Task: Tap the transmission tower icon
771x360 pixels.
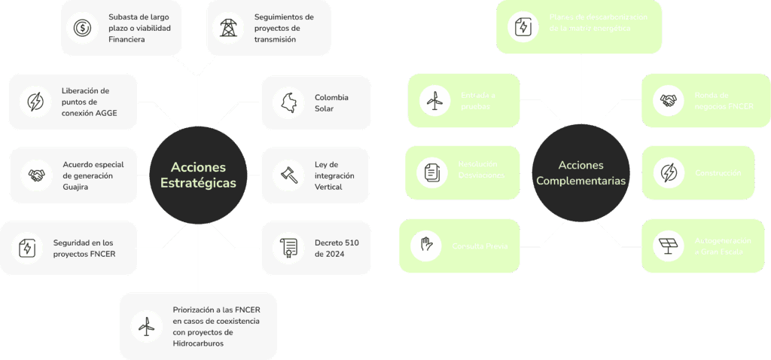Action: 227,29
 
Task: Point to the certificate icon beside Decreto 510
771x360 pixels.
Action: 288,247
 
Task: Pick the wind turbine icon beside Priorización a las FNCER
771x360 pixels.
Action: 146,326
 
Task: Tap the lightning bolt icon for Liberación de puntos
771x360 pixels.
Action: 35,102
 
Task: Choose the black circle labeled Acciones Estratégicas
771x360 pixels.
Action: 198,175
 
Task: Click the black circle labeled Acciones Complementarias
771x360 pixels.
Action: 581,174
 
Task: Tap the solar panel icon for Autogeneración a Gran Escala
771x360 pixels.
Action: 667,246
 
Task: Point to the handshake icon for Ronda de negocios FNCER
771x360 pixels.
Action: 667,100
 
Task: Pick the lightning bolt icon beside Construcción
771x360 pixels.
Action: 668,173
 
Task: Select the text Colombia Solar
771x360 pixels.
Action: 331,102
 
